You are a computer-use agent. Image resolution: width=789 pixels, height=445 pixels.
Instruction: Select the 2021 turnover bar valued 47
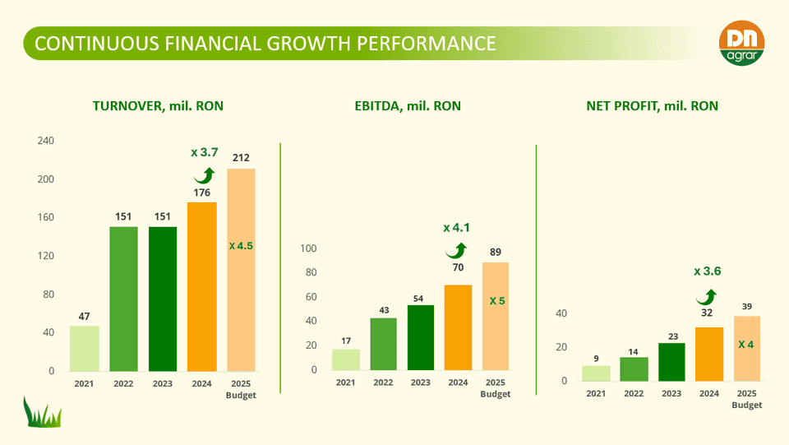(85, 349)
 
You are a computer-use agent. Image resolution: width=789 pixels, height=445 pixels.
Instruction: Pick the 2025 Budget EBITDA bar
(496, 317)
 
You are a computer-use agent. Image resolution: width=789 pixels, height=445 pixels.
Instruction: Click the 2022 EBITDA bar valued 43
(383, 344)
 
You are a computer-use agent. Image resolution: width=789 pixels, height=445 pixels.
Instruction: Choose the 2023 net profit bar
(671, 362)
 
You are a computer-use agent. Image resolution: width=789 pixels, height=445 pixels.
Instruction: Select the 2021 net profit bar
(596, 373)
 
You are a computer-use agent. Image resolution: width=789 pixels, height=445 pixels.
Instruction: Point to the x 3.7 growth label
(205, 152)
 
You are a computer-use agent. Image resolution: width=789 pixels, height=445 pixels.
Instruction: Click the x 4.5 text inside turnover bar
(241, 245)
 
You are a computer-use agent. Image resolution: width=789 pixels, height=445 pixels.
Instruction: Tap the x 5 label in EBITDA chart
(496, 301)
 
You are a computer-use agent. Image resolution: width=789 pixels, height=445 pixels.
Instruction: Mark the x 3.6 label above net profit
(708, 271)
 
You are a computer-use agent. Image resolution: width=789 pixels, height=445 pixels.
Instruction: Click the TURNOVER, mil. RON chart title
(158, 106)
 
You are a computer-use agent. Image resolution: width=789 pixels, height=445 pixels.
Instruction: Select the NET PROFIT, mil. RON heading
(652, 106)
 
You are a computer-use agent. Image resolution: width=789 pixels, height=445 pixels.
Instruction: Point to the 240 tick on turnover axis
(46, 141)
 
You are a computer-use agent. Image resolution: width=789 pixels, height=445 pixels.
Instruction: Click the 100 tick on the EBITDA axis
(308, 248)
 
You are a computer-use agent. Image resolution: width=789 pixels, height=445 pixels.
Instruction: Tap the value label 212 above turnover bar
(241, 157)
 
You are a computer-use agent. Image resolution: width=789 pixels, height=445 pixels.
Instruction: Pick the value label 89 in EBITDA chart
(496, 252)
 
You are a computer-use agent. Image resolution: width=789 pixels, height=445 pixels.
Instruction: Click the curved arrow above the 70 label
(455, 250)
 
